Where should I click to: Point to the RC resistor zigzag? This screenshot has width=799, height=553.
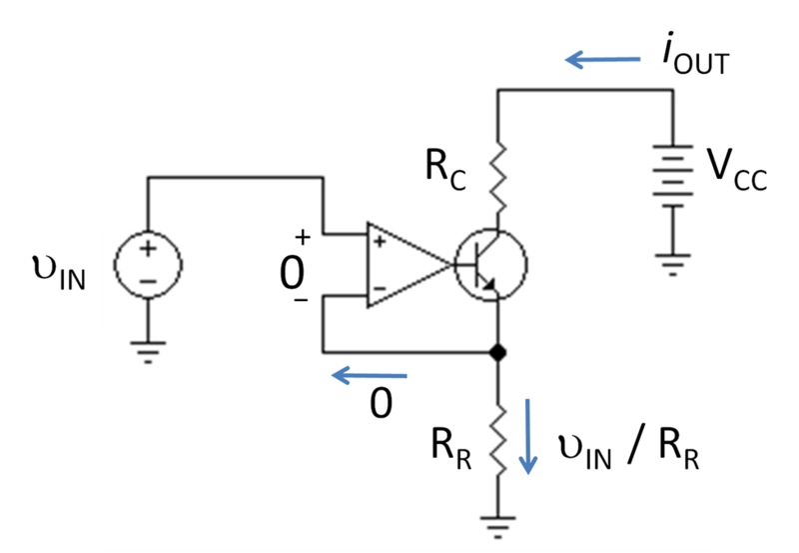pyautogui.click(x=497, y=177)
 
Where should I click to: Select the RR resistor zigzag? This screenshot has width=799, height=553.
pyautogui.click(x=497, y=440)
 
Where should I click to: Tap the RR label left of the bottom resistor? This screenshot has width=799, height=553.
pyautogui.click(x=451, y=449)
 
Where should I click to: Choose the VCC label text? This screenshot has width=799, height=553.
pyautogui.click(x=736, y=170)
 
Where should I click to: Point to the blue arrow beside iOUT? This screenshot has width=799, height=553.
pyautogui.click(x=603, y=60)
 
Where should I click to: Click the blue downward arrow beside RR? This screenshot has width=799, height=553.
pyautogui.click(x=528, y=437)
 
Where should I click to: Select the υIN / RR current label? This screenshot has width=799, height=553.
pyautogui.click(x=629, y=450)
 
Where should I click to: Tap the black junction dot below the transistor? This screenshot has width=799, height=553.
pyautogui.click(x=497, y=352)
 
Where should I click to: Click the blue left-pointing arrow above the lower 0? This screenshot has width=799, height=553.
pyautogui.click(x=370, y=376)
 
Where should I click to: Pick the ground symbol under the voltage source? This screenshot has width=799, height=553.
pyautogui.click(x=148, y=352)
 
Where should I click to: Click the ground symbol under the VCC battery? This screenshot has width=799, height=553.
pyautogui.click(x=672, y=265)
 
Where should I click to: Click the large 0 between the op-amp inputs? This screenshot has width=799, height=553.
pyautogui.click(x=292, y=273)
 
